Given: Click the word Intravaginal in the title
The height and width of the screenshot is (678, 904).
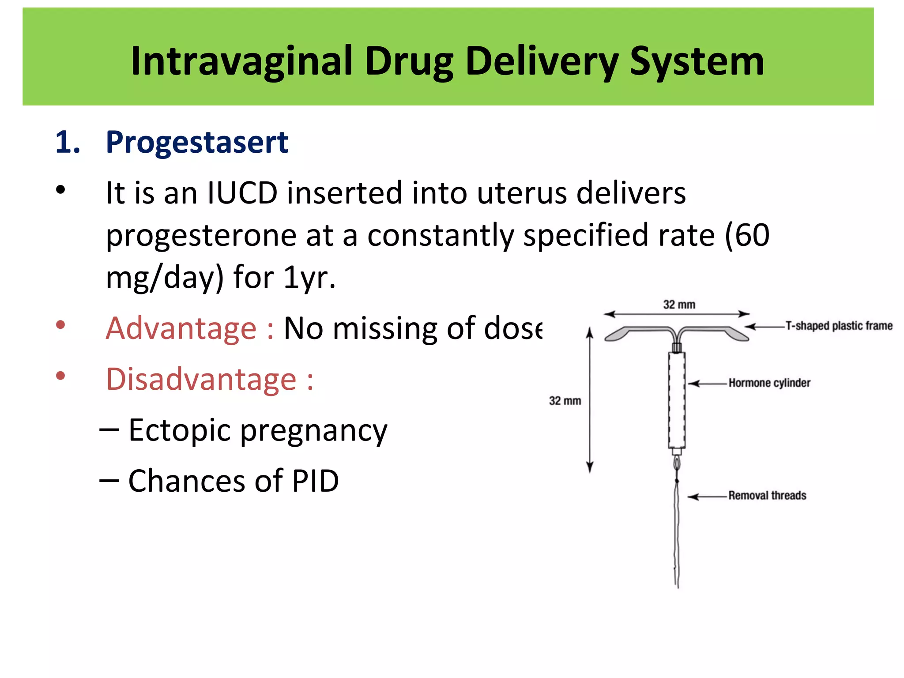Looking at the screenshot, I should [x=242, y=62].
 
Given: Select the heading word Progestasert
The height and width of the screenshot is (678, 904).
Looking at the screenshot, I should [x=197, y=142].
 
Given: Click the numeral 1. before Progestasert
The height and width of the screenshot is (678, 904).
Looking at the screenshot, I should [x=68, y=142].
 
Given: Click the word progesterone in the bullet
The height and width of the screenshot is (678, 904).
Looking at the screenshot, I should [x=201, y=235].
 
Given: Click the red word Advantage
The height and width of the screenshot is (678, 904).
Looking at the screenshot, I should [x=181, y=328].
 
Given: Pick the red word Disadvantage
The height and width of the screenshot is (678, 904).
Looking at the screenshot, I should [x=201, y=379].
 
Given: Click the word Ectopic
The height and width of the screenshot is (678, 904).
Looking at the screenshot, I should [x=179, y=430].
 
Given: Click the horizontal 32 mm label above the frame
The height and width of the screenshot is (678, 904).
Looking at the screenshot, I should [x=679, y=305].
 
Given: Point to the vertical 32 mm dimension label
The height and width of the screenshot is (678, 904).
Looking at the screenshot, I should [x=565, y=401].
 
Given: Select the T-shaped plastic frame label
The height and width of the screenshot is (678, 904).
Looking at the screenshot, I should [x=839, y=326].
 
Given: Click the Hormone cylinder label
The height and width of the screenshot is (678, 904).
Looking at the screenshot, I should [x=769, y=383].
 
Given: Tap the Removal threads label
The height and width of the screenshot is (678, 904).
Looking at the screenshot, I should [x=767, y=495].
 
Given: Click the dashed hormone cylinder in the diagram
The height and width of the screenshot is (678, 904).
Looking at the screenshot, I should [x=676, y=399].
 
